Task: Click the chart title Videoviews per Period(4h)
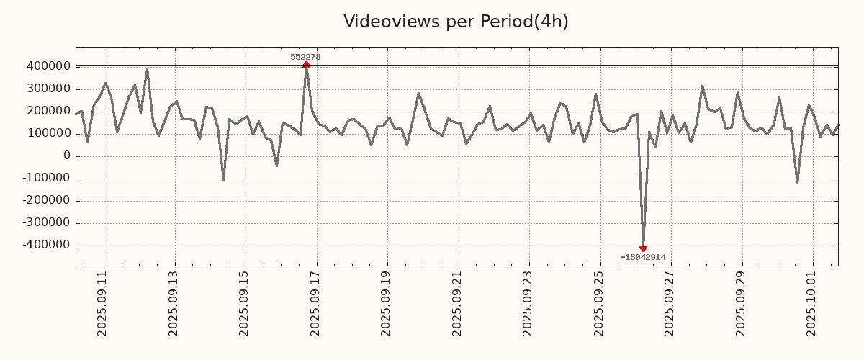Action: pos(456,22)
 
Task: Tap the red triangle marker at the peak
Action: pos(306,65)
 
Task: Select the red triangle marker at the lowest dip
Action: pos(643,248)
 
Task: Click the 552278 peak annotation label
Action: pos(305,57)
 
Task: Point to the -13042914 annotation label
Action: pos(642,257)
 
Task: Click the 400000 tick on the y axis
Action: pos(47,66)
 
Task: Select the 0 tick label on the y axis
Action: pos(66,156)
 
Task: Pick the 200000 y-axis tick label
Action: pos(47,111)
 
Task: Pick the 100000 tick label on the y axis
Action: pos(47,133)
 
